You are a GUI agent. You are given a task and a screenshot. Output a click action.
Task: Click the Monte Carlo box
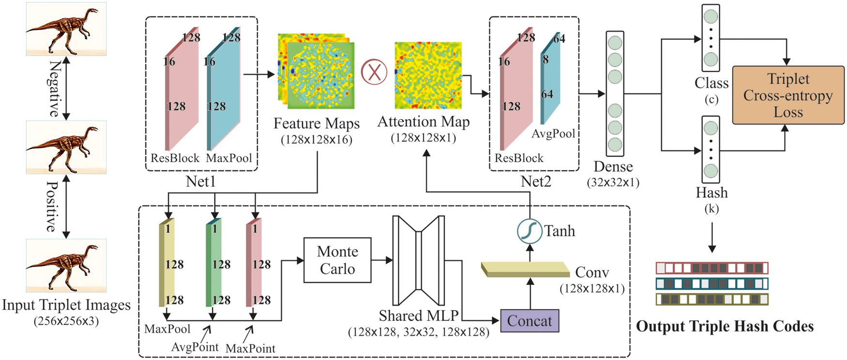coord(337,260)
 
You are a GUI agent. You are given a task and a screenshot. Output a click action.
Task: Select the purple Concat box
coord(529,321)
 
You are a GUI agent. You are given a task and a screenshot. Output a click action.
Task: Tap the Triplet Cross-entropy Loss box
coord(788,95)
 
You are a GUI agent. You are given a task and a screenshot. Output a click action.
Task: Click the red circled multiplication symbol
coord(374,72)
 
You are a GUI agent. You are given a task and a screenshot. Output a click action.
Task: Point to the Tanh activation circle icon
coord(529,231)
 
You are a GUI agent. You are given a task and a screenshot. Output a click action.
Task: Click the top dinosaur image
coord(66,29)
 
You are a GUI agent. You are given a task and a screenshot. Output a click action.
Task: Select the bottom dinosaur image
coord(66,265)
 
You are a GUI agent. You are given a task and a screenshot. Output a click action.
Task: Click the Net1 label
coord(200,182)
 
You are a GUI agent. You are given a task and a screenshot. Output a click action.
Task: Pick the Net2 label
coord(535,182)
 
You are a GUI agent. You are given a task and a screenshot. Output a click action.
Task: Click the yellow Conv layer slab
coord(525,269)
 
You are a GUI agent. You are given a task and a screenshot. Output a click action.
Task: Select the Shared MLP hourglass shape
coord(418,260)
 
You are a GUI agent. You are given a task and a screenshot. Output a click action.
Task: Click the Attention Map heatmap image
coord(428,75)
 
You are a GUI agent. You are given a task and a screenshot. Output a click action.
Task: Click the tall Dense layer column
coord(615,93)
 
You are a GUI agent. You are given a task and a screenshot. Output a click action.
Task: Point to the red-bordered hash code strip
coord(711,268)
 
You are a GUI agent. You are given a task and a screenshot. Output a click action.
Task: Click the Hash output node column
coord(711,149)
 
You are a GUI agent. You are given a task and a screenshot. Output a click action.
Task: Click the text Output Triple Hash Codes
coord(725,327)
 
